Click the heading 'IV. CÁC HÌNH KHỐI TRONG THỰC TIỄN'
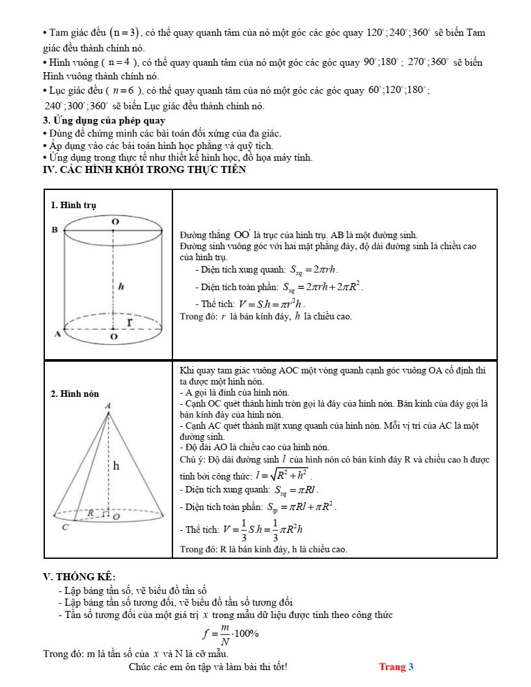coord(144,170)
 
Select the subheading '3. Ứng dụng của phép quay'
coord(104,120)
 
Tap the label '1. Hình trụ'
coord(74,205)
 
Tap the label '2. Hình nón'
coord(75,394)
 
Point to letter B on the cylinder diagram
coord(55,230)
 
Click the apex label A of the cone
coord(108,405)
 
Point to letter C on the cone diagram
coord(65,527)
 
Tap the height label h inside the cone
coord(116,465)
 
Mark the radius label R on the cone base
coord(91,513)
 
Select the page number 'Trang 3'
coord(396,667)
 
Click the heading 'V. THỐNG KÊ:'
coord(79,576)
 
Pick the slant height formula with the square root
coord(285,476)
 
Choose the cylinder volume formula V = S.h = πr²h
coord(271,304)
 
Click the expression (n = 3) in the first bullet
coord(124,33)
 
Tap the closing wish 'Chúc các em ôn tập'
coord(208,667)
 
